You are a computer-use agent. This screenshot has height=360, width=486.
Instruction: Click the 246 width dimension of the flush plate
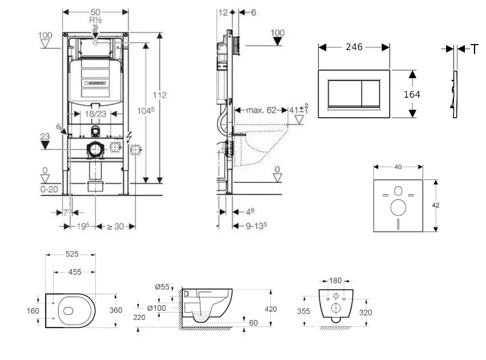pyautogui.click(x=354, y=47)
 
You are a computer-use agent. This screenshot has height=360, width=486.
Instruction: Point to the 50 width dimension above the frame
pyautogui.click(x=95, y=11)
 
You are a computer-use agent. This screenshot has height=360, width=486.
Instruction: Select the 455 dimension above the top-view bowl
pyautogui.click(x=74, y=273)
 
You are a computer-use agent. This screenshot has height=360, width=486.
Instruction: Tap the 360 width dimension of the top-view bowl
pyautogui.click(x=116, y=310)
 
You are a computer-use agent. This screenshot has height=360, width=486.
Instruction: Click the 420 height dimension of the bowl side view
pyautogui.click(x=270, y=309)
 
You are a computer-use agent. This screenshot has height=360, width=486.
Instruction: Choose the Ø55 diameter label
pyautogui.click(x=162, y=287)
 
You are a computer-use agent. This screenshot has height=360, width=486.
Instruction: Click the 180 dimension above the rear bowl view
pyautogui.click(x=335, y=281)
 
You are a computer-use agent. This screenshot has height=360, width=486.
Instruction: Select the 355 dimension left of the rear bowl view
pyautogui.click(x=303, y=312)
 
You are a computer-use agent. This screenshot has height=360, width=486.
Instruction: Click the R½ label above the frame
pyautogui.click(x=95, y=19)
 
